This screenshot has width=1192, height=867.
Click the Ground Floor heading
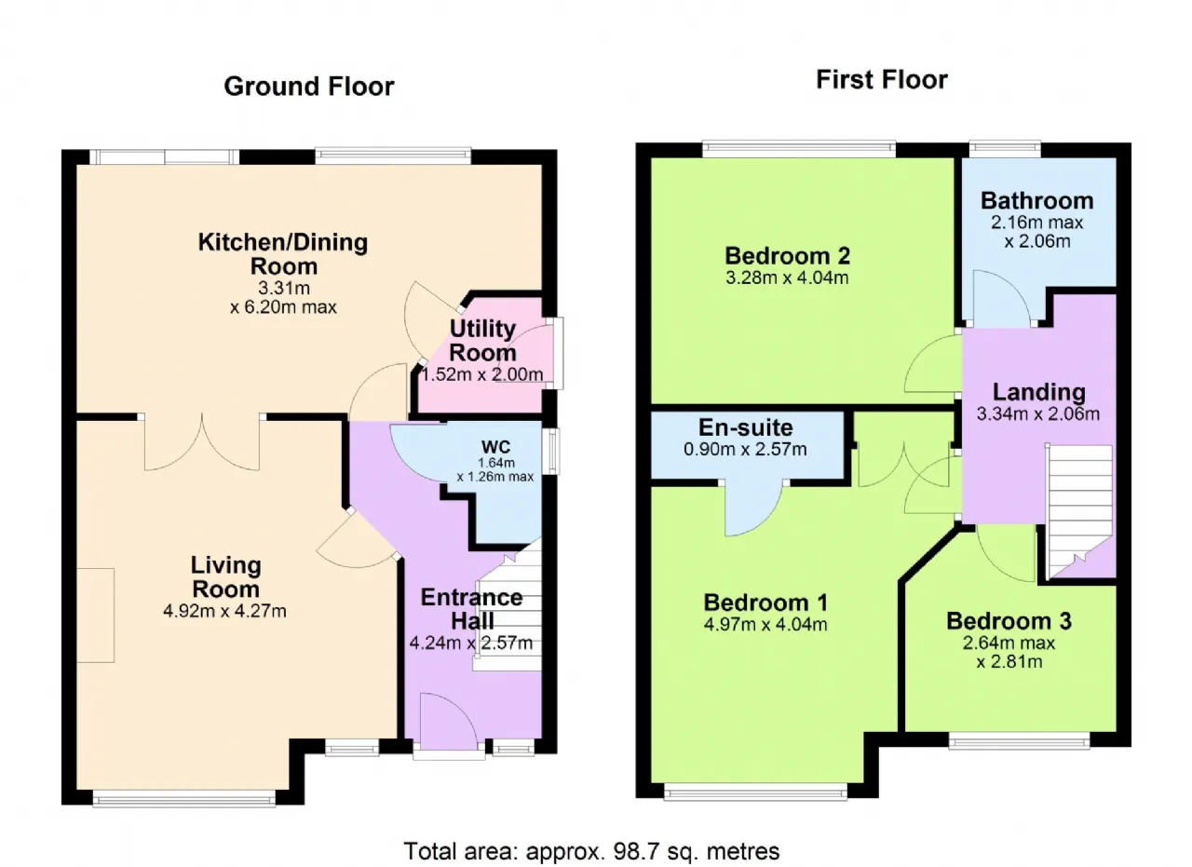308,87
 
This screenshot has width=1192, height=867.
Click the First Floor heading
882,80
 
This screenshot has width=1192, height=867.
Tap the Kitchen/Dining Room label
283,254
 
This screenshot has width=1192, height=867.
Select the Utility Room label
482,341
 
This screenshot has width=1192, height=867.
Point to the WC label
495,447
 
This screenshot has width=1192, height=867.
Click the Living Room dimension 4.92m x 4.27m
224,611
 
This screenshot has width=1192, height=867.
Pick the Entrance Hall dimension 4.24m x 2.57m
471,643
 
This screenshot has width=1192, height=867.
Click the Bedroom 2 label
787,256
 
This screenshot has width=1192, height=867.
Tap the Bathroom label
1037,200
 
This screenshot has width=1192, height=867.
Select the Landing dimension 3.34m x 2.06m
1038,414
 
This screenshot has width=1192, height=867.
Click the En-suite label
746,427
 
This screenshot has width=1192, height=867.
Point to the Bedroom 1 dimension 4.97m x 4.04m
765,624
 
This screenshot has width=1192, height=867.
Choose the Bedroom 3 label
1009,621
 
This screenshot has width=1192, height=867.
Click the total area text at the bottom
591,851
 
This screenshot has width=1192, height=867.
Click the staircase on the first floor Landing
1080,511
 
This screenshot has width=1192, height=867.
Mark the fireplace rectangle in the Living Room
95,616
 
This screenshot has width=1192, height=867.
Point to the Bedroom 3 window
1019,741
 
